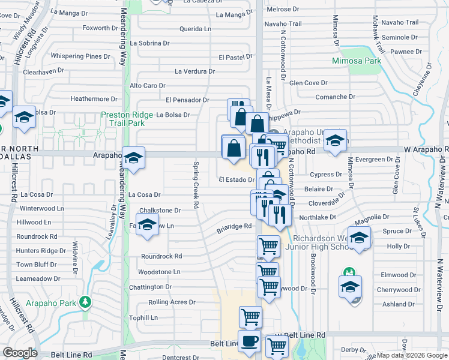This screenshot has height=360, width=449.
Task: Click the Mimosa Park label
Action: tap(357, 61)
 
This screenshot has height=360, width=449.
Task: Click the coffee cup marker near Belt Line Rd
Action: tap(250, 341)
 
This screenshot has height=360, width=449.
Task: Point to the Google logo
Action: tap(20, 353)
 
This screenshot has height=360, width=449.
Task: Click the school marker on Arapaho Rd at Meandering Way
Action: tap(133, 158)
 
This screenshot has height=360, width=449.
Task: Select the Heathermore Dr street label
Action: tap(94, 99)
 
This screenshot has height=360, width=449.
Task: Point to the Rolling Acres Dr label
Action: tap(172, 302)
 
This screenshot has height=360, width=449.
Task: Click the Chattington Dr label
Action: tap(150, 287)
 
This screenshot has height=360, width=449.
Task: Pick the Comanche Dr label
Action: tap(336, 97)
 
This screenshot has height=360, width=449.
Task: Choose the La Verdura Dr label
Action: tap(194, 71)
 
